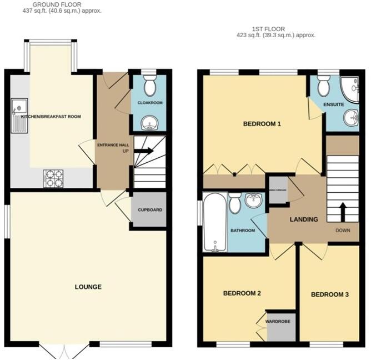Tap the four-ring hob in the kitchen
pos(53,178)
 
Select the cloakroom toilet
pos(149,87)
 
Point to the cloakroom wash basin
pos(149,122)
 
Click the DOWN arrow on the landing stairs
pos(342,211)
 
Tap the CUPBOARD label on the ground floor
pos(149,210)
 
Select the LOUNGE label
pos(88,287)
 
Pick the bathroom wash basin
pos(255,200)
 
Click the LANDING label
pos(304,219)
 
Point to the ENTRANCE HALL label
pos(113,145)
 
